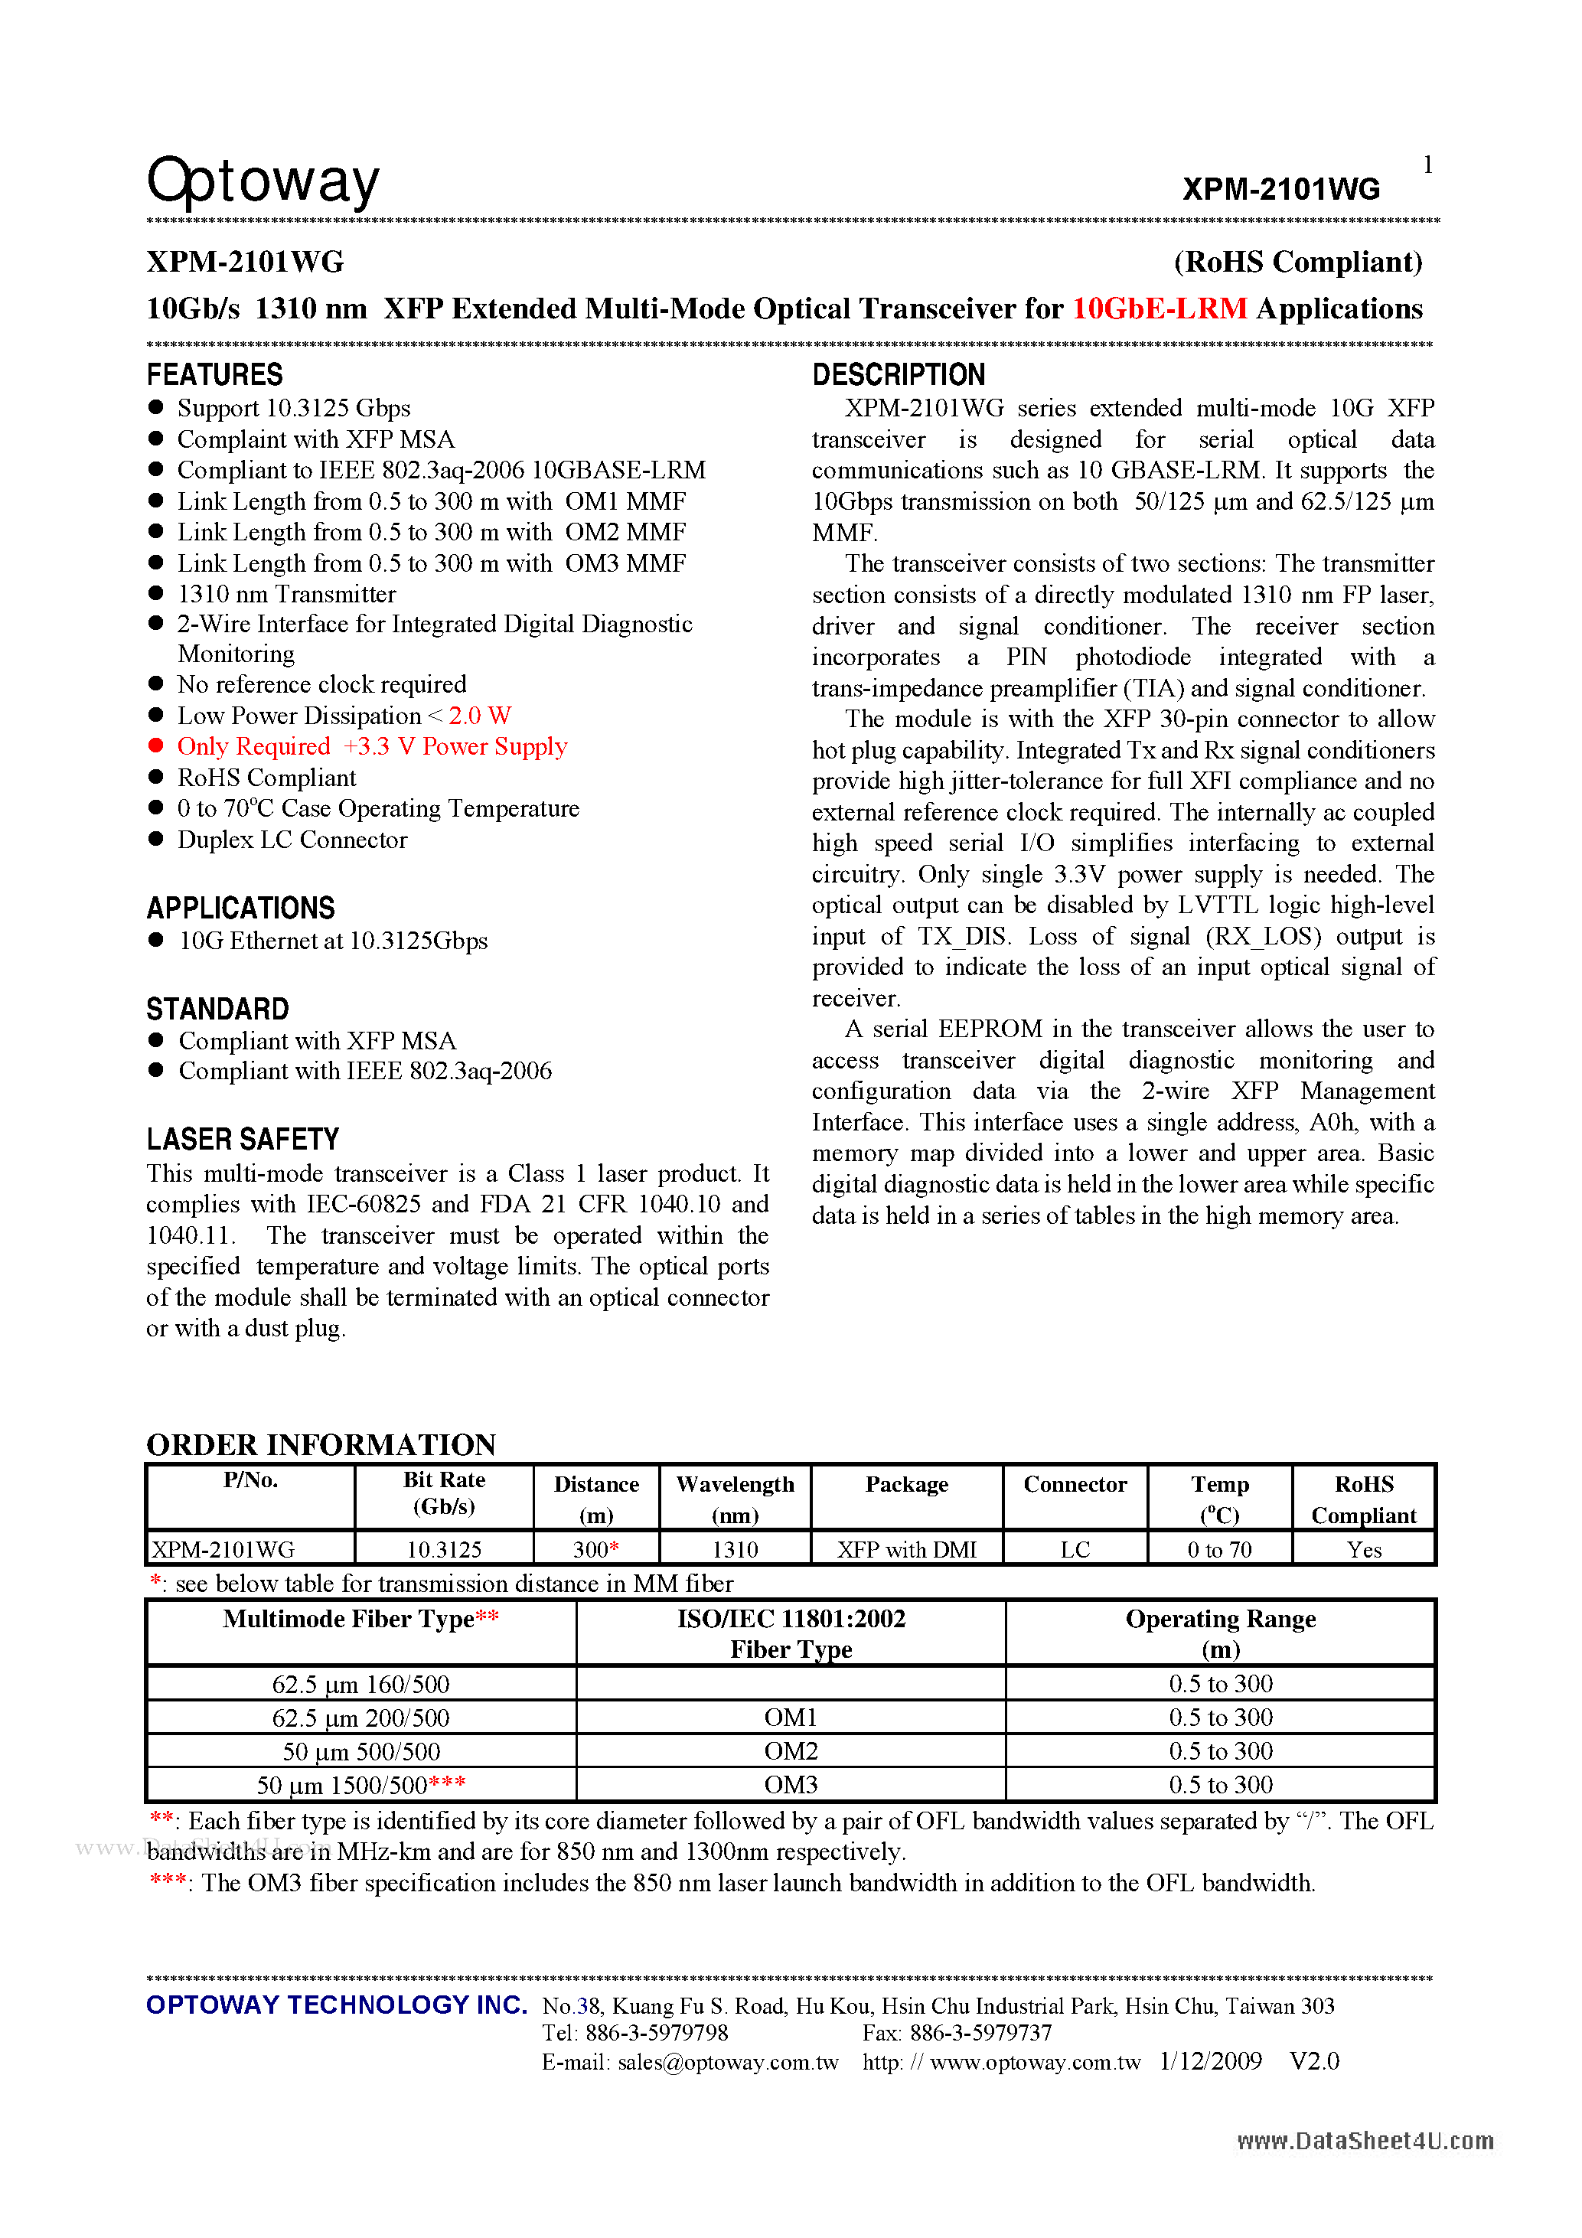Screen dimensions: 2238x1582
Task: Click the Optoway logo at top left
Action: (263, 181)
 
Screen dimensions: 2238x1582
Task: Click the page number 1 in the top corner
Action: (1427, 165)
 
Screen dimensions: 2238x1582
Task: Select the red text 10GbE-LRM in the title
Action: (1159, 309)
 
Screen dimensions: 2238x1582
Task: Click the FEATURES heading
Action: (214, 374)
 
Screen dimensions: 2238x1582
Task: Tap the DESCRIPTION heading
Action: (898, 374)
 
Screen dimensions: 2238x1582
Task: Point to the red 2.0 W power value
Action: (480, 716)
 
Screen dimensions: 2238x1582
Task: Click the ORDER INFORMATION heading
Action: (321, 1444)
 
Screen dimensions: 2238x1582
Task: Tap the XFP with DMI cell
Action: (906, 1549)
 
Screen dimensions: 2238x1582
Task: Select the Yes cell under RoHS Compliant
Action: (1364, 1549)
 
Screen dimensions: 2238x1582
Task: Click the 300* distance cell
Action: (595, 1549)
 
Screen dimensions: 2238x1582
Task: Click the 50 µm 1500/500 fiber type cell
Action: (360, 1785)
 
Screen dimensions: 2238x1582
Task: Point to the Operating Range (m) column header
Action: (1221, 1633)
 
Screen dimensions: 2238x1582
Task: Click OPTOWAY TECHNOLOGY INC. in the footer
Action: (336, 2005)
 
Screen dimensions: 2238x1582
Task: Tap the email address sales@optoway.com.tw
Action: (727, 2061)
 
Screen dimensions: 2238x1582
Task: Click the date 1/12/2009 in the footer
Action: (1211, 2061)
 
